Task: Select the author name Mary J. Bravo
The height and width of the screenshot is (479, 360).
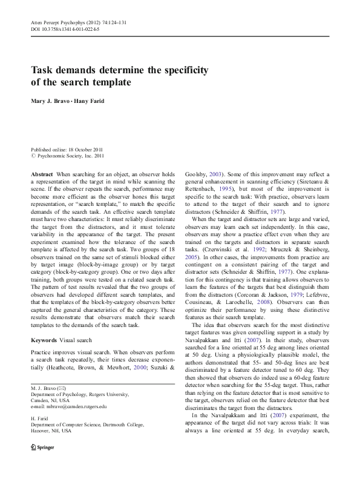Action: click(x=52, y=101)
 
